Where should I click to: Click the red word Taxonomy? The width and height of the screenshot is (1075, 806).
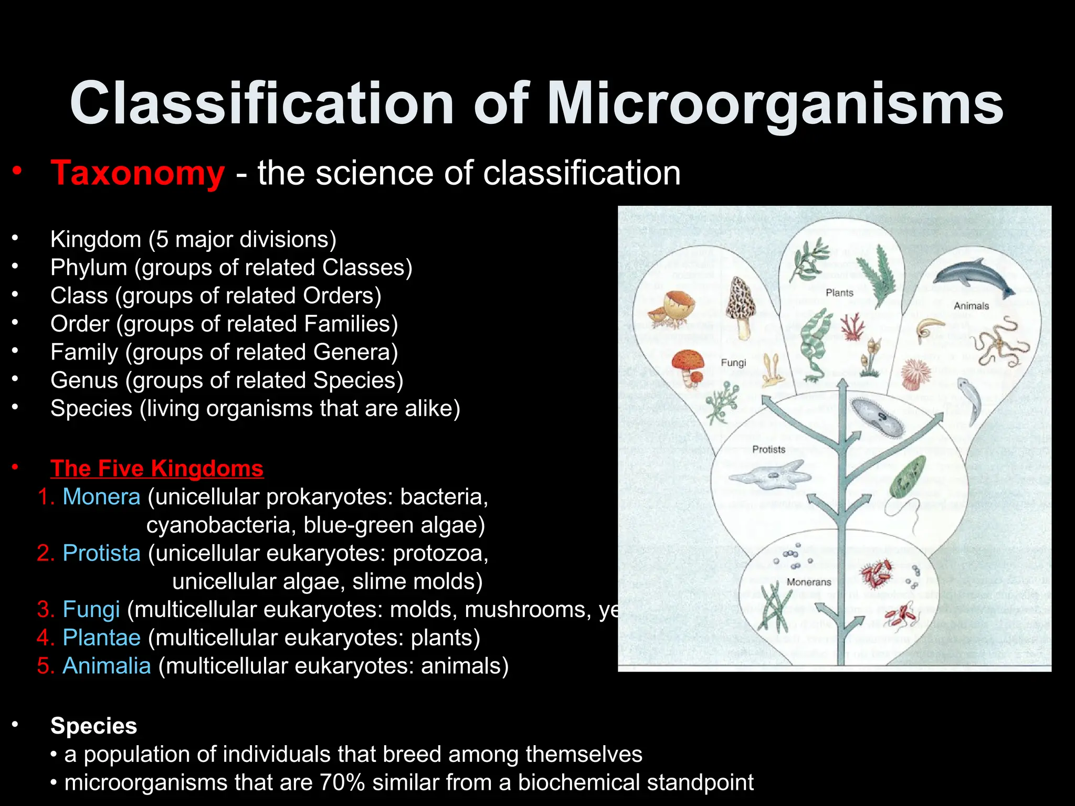[x=138, y=173]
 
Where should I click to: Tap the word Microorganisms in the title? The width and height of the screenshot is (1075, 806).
[x=775, y=103]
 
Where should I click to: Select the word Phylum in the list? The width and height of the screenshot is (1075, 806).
[x=88, y=268]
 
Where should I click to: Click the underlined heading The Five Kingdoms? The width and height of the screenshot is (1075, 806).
[x=156, y=468]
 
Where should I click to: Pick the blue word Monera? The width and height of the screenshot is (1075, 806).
[x=101, y=496]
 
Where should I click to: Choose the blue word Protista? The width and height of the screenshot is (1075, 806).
[x=101, y=553]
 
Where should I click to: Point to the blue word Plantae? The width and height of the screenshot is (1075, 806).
[x=101, y=638]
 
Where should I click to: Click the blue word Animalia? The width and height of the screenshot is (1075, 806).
[x=107, y=666]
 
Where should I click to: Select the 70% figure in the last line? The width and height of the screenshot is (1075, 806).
[x=342, y=782]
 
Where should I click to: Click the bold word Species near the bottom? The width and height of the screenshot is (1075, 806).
[x=93, y=726]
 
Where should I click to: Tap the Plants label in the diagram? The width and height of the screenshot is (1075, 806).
[x=839, y=293]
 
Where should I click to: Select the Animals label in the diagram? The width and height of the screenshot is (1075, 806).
[x=971, y=306]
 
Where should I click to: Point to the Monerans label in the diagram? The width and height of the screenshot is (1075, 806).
[x=809, y=582]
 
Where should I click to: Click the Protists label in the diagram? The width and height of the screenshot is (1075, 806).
[x=768, y=450]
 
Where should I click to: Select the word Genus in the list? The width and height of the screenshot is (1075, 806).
[x=84, y=380]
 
